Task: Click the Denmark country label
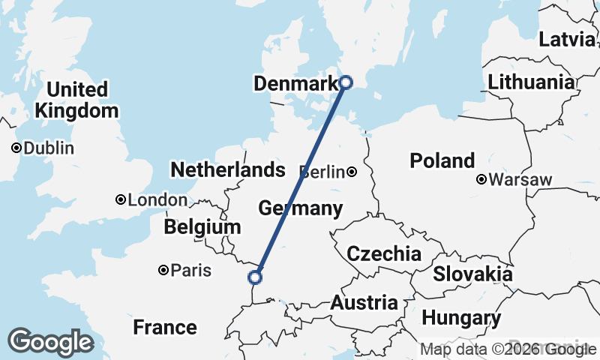click(295, 84)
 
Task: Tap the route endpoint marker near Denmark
click(346, 82)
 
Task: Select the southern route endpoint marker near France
click(255, 277)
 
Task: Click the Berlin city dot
click(352, 172)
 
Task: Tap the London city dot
click(120, 199)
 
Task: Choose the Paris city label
click(191, 270)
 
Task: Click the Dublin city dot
click(16, 148)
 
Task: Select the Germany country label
click(300, 208)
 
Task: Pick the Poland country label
click(442, 160)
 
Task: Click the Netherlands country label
click(228, 169)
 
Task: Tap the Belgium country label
click(202, 226)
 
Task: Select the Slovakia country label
click(472, 274)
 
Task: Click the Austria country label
click(364, 303)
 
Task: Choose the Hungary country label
click(461, 318)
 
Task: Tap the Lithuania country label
click(531, 82)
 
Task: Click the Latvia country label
click(567, 39)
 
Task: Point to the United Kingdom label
click(76, 100)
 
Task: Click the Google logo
click(50, 342)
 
